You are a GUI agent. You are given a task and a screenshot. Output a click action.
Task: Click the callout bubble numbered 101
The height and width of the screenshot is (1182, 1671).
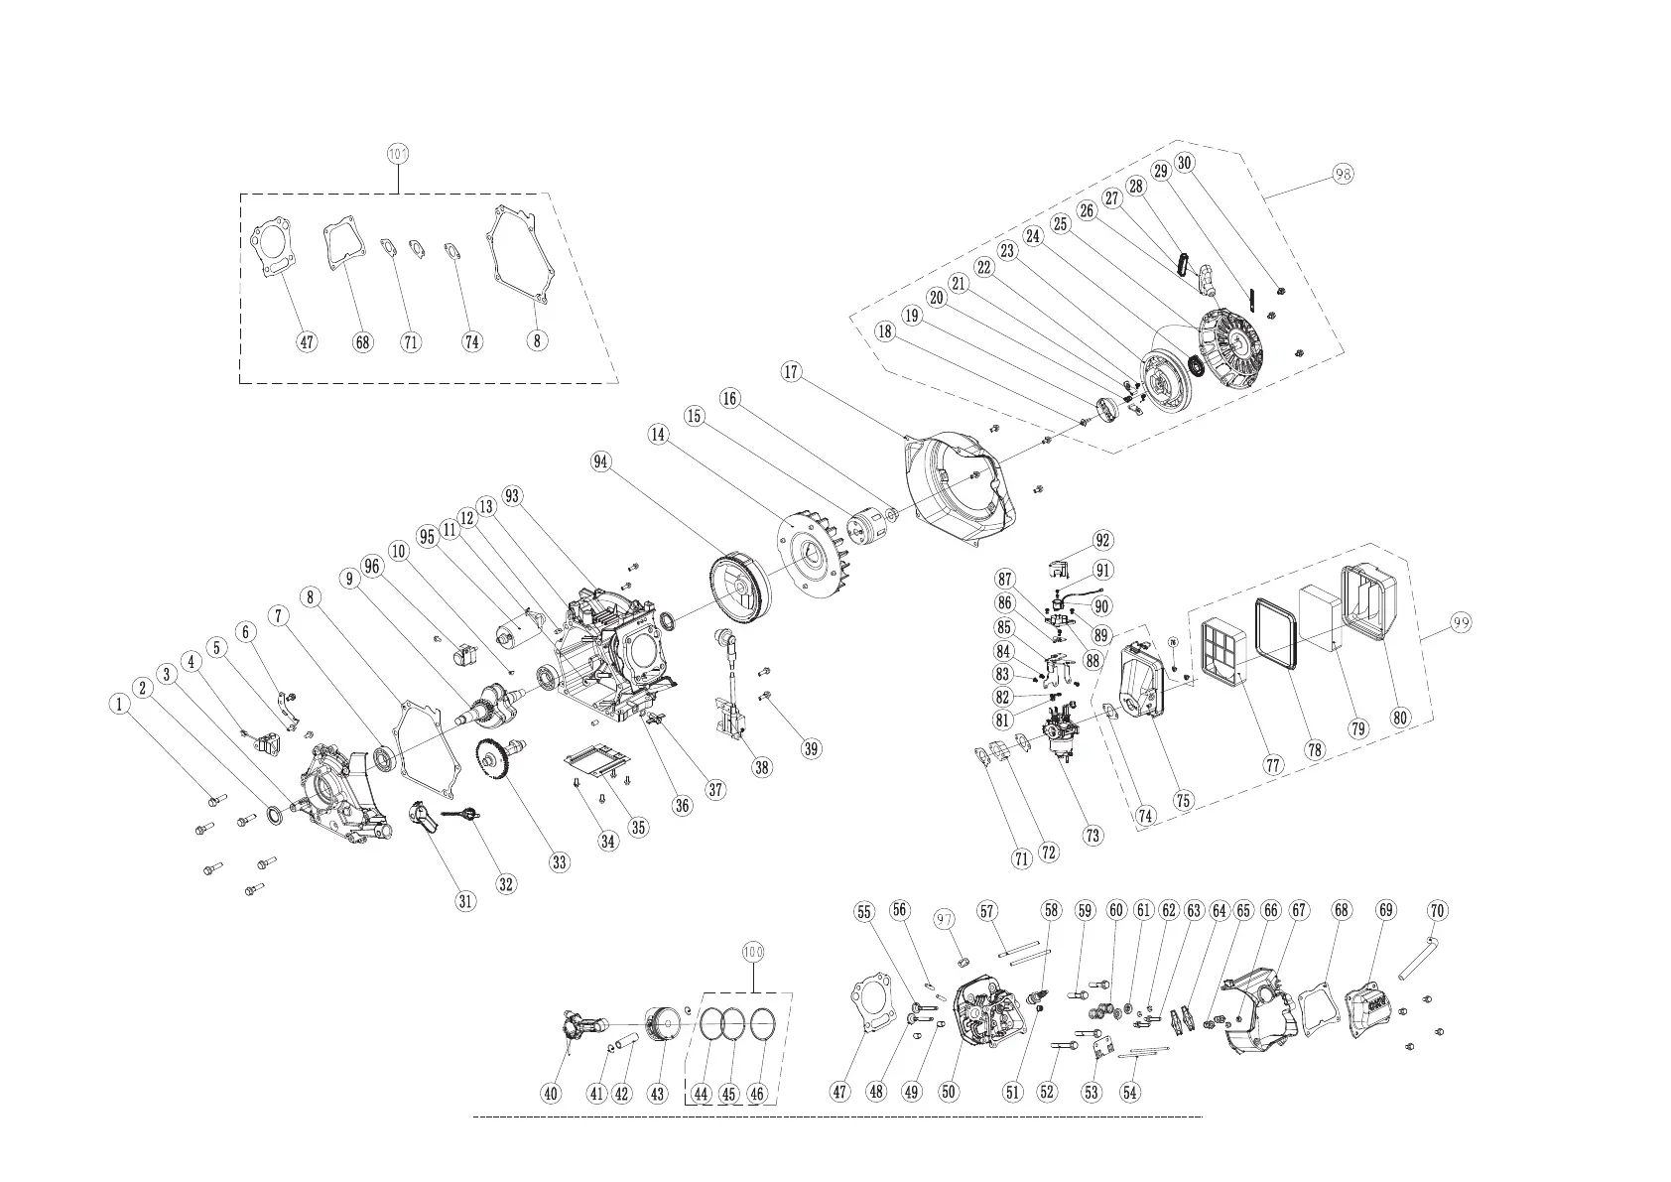pyautogui.click(x=398, y=154)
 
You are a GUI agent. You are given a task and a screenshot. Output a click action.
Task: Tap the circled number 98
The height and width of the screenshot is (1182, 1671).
pyautogui.click(x=1343, y=174)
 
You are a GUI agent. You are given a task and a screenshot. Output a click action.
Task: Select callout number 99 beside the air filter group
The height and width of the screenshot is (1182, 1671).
pyautogui.click(x=1459, y=622)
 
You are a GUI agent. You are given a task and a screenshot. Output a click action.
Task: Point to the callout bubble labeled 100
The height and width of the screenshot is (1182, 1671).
pyautogui.click(x=754, y=951)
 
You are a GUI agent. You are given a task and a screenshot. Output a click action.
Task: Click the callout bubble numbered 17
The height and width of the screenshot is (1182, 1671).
pyautogui.click(x=791, y=372)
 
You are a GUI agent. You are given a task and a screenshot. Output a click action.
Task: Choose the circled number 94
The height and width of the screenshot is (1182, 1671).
pyautogui.click(x=600, y=461)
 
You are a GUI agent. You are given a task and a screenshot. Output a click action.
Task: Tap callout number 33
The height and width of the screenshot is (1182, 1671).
pyautogui.click(x=560, y=861)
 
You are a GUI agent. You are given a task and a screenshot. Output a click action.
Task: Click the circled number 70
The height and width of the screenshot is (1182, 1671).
pyautogui.click(x=1436, y=910)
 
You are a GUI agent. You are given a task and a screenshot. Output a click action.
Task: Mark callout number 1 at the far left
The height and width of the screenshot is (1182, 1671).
pyautogui.click(x=119, y=704)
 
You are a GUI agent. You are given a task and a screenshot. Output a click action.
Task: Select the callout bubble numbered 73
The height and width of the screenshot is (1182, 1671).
pyautogui.click(x=1093, y=835)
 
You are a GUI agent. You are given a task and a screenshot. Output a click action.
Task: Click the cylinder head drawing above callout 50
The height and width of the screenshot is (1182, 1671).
pyautogui.click(x=984, y=1012)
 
